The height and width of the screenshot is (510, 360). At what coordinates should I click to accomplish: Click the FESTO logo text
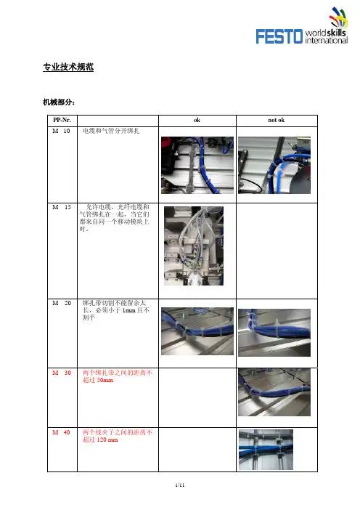tap(279, 36)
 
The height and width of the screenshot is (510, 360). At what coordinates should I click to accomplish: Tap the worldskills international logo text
tap(326, 36)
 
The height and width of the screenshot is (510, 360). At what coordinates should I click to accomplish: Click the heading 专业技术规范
tap(68, 67)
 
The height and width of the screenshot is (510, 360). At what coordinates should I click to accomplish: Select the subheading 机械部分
tap(59, 102)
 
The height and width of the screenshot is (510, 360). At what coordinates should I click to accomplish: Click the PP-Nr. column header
tap(62, 120)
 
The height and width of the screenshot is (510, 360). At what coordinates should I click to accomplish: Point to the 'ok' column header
tap(197, 120)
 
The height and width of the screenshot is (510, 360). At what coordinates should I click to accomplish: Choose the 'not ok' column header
tap(277, 120)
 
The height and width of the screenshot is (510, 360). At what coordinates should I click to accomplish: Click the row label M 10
tap(61, 131)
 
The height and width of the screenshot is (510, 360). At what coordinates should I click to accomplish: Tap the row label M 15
tap(62, 207)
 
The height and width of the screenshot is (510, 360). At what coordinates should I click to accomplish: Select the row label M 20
tap(62, 303)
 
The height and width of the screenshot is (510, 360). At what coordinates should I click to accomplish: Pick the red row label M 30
tap(62, 373)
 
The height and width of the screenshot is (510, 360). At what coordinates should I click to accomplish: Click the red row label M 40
tap(61, 432)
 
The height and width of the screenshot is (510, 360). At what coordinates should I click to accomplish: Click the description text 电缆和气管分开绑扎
tap(111, 131)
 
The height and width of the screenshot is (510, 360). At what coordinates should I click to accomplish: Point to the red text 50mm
tap(105, 380)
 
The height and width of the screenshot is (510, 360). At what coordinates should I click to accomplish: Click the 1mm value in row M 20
tap(128, 310)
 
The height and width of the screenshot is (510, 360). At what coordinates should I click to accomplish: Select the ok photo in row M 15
tap(194, 246)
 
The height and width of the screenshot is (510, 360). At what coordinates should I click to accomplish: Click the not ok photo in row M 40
tap(266, 450)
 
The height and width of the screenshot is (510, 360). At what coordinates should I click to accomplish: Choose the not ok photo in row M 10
tap(274, 165)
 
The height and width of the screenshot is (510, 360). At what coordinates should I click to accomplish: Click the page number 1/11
tap(180, 485)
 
